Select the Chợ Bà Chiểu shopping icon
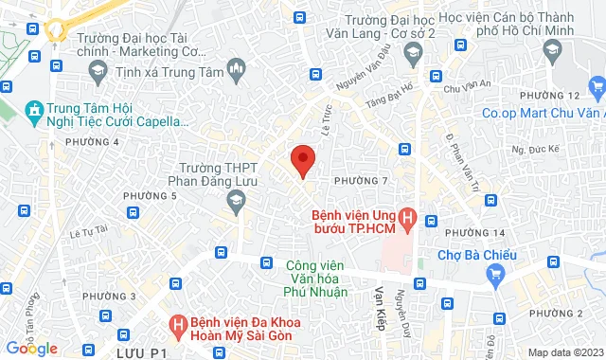coord(494,275)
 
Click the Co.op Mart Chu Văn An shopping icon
coord(596,89)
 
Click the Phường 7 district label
coord(360,180)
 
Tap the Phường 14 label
coord(474,233)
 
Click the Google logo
coord(31,348)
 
